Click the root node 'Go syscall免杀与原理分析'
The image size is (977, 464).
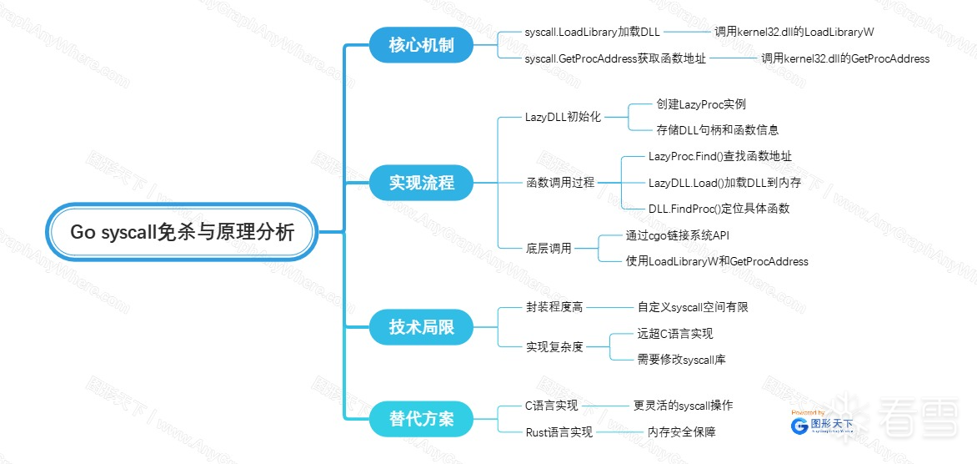(182, 232)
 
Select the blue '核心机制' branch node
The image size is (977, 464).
(421, 44)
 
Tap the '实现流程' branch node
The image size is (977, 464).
(421, 183)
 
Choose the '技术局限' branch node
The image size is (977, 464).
(421, 326)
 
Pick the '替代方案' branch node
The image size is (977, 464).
(421, 418)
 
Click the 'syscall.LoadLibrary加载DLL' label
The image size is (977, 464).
(592, 32)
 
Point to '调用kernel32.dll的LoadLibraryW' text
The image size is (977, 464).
(794, 32)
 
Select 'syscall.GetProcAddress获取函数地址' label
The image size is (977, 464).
(615, 58)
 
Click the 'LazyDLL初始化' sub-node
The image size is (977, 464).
(563, 117)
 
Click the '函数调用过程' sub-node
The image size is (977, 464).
(559, 182)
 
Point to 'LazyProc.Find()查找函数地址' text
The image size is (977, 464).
(719, 156)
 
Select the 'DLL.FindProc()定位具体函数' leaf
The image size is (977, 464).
(719, 208)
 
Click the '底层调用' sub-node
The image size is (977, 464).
(548, 248)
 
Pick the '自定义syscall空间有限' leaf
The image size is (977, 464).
(693, 307)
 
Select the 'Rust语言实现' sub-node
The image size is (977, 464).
(559, 431)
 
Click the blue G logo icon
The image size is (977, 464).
(799, 425)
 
